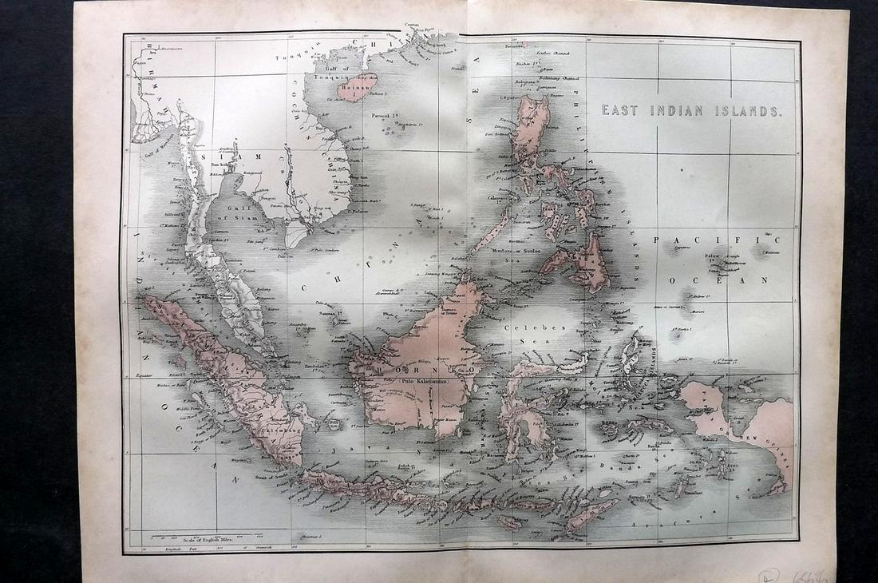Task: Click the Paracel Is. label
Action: coord(386,116)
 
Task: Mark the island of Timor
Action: coord(591,515)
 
